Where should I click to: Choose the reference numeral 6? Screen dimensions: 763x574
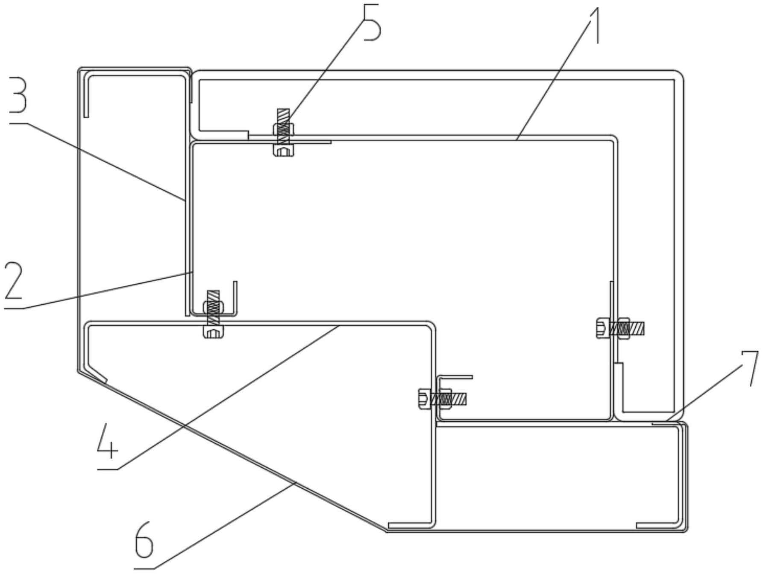pos(144,541)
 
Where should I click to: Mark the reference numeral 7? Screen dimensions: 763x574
pos(749,368)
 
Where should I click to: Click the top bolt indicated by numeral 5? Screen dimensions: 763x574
pos(283,133)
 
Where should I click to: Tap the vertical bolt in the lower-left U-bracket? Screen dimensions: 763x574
pos(213,314)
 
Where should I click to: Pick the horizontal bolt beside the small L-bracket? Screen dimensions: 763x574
pos(442,399)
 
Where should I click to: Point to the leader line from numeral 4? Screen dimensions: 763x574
pos(218,397)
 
